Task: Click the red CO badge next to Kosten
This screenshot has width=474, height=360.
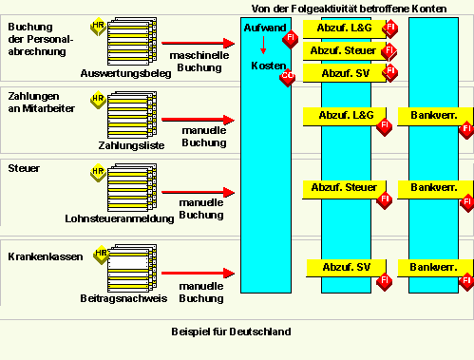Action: [x=286, y=79]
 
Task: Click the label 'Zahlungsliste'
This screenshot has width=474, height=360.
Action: [x=131, y=145]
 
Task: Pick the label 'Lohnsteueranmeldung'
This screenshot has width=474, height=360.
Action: [x=119, y=218]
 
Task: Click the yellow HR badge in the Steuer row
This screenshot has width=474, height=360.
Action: [x=97, y=173]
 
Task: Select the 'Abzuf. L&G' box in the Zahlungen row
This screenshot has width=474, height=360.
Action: [x=341, y=116]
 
